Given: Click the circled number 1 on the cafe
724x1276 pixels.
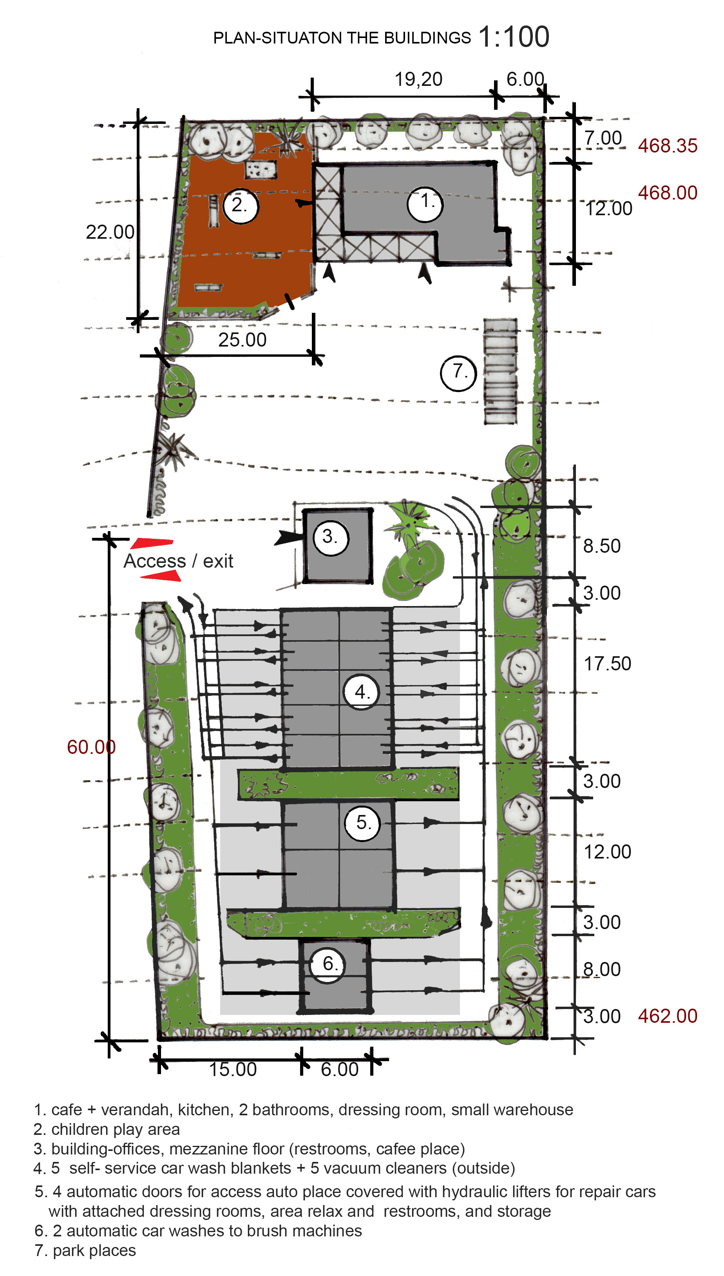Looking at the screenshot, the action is tap(425, 203).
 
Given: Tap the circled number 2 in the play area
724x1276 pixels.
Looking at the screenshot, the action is tap(241, 206).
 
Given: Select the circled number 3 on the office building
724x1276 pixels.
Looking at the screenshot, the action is tap(331, 538).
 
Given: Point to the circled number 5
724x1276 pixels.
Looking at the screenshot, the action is tap(362, 823).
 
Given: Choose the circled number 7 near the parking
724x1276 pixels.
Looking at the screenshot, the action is tap(458, 373).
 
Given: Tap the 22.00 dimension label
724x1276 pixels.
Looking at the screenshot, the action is tap(110, 232).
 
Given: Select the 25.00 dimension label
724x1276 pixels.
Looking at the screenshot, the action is tap(242, 340).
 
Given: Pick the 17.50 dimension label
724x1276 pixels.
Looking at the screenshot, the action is tap(607, 664).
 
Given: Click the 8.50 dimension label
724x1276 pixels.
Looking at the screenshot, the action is tap(602, 546).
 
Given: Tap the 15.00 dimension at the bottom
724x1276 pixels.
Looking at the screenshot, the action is tap(232, 1069).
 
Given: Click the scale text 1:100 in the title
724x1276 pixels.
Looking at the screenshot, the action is tap(514, 37).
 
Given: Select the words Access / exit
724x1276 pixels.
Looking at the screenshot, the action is tap(178, 561).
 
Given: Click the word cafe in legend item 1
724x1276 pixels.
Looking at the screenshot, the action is tap(67, 1110).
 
